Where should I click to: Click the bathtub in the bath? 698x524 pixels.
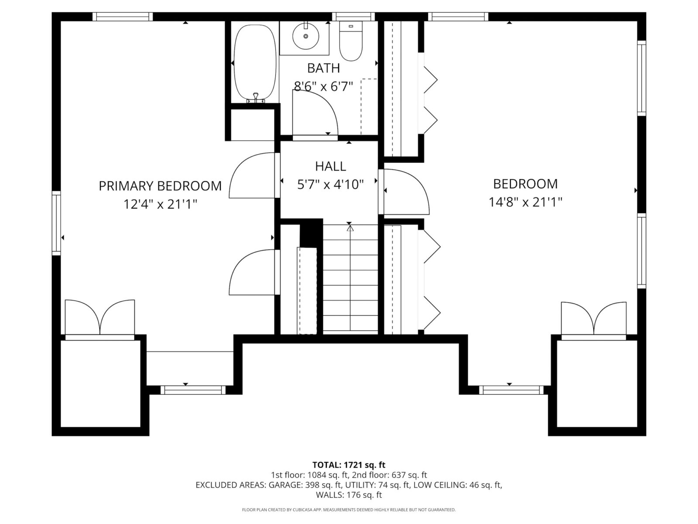pyautogui.click(x=255, y=64)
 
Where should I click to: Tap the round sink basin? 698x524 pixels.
pyautogui.click(x=306, y=36)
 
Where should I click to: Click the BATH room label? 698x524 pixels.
pyautogui.click(x=323, y=68)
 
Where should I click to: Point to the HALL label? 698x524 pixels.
pyautogui.click(x=330, y=166)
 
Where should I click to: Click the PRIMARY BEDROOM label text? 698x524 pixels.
pyautogui.click(x=160, y=186)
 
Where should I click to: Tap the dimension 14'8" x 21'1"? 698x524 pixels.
pyautogui.click(x=525, y=202)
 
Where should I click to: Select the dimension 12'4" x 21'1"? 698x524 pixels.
pyautogui.click(x=160, y=204)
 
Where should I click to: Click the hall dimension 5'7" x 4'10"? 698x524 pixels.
pyautogui.click(x=330, y=184)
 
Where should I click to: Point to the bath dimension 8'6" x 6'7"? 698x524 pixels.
pyautogui.click(x=323, y=86)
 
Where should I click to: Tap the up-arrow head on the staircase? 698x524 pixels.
pyautogui.click(x=350, y=228)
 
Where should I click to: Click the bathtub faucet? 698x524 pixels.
pyautogui.click(x=255, y=98)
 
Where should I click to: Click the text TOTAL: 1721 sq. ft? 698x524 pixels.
pyautogui.click(x=349, y=465)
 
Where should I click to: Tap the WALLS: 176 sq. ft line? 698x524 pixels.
pyautogui.click(x=349, y=495)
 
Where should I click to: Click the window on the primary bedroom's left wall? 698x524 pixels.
pyautogui.click(x=56, y=223)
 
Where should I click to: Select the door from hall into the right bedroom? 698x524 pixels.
pyautogui.click(x=404, y=192)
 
